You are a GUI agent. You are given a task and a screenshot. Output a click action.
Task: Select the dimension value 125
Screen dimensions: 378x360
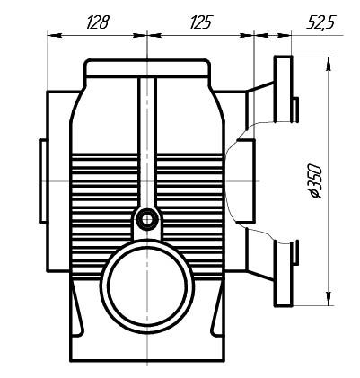201,23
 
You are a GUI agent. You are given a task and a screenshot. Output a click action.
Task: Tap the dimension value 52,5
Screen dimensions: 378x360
320,23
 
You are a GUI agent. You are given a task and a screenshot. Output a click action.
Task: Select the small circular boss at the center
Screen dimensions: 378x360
145,218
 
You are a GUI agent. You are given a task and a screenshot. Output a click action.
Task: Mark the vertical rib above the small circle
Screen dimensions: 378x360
145,144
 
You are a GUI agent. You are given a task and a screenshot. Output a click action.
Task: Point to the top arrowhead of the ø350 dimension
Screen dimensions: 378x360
332,61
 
